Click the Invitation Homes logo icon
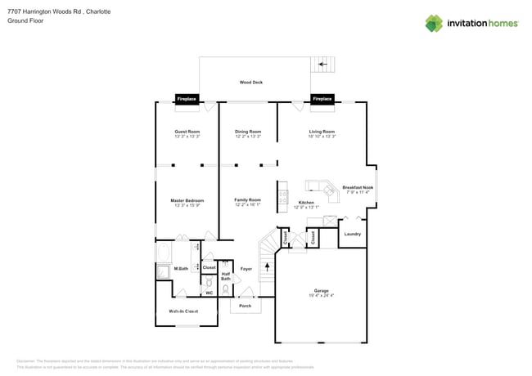pos(434,23)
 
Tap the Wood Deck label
pos(251,83)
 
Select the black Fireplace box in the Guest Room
pos(187,99)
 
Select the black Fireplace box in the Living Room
pos(322,99)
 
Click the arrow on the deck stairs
pos(323,63)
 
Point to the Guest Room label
pos(187,132)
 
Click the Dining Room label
pos(248,132)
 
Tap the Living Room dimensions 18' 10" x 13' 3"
pos(322,137)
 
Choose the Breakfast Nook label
pos(358,187)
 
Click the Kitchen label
pos(306,202)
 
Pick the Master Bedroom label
pos(187,200)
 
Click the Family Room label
pos(248,200)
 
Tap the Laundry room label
pos(352,235)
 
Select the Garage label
pos(321,290)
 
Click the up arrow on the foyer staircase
pos(267,266)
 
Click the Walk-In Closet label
pos(183,311)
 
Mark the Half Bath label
pos(225,276)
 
